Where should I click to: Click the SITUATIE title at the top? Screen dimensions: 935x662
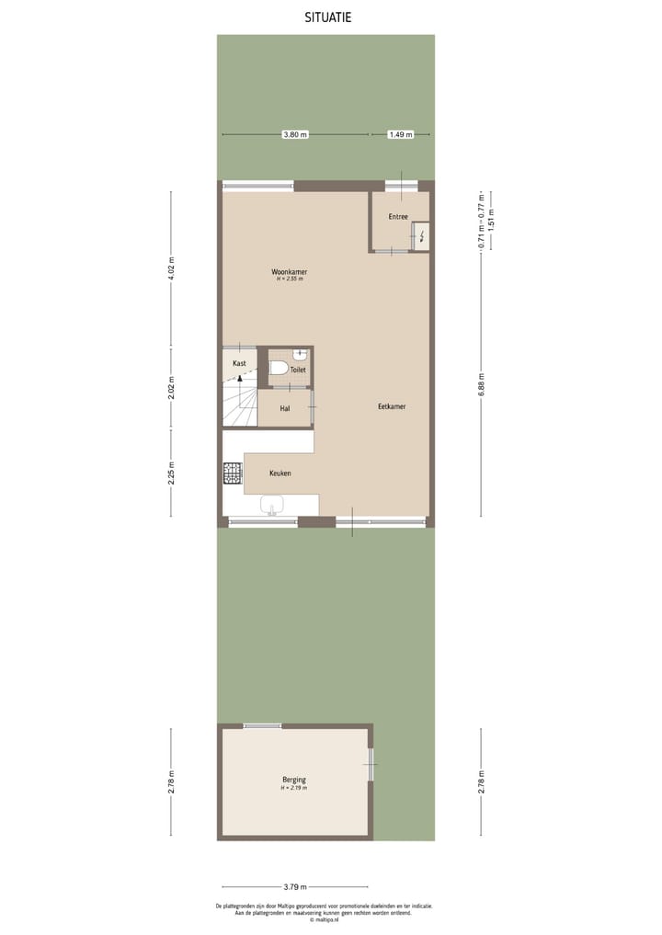328,17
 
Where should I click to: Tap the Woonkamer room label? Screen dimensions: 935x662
289,272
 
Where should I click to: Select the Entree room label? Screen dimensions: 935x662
398,217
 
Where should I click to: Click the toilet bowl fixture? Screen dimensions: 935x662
278,369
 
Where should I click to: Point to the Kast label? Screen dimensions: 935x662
239,363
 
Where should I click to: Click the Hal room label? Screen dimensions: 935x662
285,407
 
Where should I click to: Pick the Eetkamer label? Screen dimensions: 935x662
392,406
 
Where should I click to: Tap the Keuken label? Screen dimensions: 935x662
280,473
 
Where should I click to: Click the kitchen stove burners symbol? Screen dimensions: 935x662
233,473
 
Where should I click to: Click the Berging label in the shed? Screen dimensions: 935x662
294,781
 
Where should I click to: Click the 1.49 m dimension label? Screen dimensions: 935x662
400,135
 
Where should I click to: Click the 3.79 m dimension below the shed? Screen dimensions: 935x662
294,886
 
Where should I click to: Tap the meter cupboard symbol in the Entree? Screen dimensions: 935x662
421,236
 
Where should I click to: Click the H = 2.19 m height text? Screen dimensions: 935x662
294,789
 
